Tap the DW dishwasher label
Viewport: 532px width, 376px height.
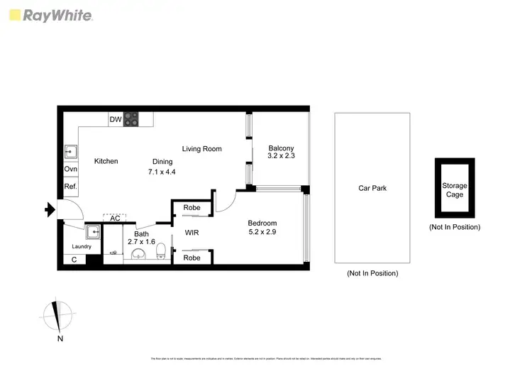(115, 119)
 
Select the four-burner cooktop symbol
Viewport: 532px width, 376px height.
(131, 119)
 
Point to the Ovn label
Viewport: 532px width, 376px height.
(70, 170)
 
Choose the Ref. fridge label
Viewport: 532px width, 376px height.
(70, 187)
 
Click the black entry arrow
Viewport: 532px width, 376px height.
(50, 209)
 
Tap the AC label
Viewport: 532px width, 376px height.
(115, 219)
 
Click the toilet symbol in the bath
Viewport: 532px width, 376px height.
(161, 250)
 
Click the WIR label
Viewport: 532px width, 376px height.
(192, 233)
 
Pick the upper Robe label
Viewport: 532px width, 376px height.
(192, 208)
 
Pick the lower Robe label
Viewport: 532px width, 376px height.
(192, 258)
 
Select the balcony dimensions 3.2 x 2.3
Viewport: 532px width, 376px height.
(281, 155)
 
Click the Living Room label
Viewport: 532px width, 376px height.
(201, 149)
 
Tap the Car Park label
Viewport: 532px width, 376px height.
(372, 189)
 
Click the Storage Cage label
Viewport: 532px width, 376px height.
(455, 190)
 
